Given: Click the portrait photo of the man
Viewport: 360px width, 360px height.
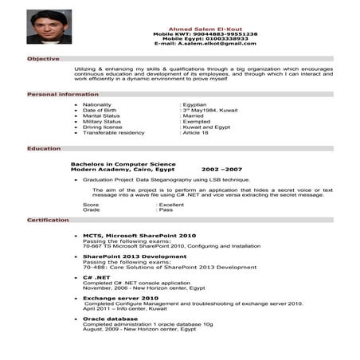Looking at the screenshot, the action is pyautogui.click(x=49, y=26).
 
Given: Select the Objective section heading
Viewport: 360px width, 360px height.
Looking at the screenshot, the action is pyautogui.click(x=43, y=59).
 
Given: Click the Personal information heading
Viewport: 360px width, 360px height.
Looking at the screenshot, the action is pyautogui.click(x=63, y=94).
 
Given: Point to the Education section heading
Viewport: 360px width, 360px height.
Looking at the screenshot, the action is pyautogui.click(x=44, y=148).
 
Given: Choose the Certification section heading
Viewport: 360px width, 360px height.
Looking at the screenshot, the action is pyautogui.click(x=48, y=219).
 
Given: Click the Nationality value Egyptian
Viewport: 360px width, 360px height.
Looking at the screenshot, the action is pyautogui.click(x=196, y=104).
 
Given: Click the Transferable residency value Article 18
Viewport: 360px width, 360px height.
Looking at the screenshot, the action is pyautogui.click(x=196, y=132).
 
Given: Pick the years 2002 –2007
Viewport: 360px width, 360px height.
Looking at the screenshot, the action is pyautogui.click(x=221, y=170).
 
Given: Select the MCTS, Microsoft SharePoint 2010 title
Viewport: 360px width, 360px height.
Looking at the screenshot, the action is pyautogui.click(x=139, y=236).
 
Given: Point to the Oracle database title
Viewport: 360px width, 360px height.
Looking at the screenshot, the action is pyautogui.click(x=115, y=319).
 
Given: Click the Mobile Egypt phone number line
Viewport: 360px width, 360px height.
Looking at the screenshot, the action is pyautogui.click(x=211, y=38).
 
